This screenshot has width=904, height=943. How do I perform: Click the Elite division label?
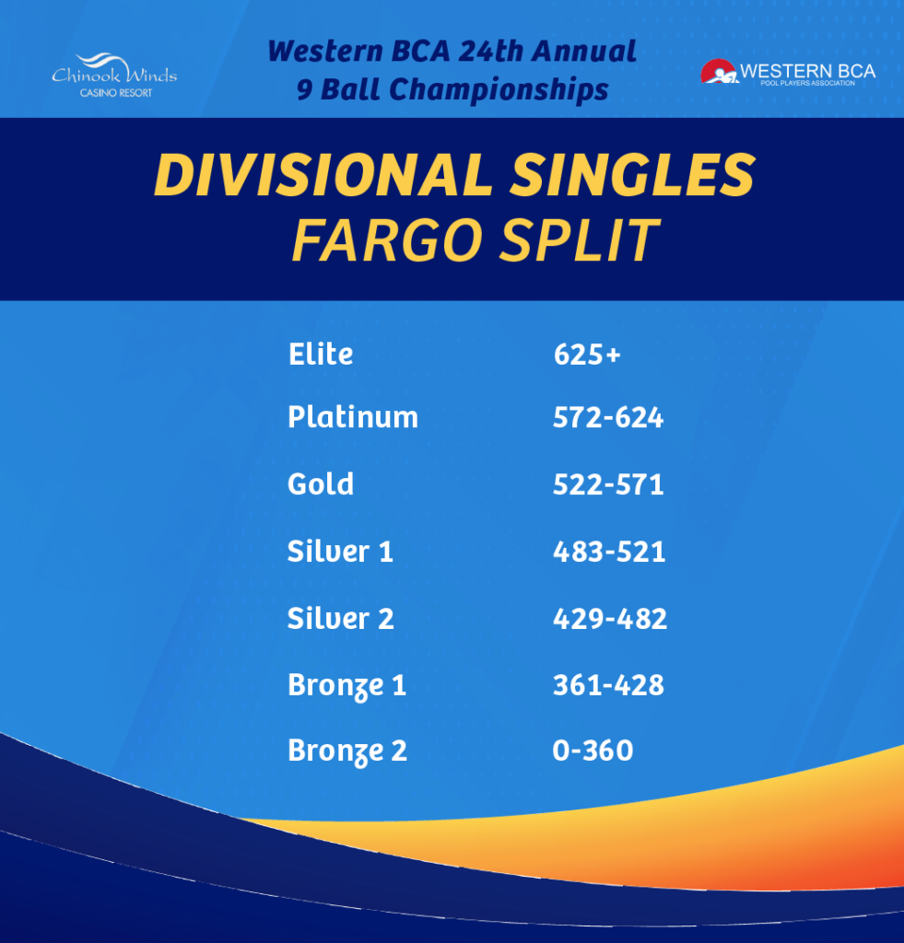point(320,354)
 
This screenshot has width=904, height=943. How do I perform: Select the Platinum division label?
point(353,417)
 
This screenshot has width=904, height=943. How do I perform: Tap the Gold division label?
point(320,483)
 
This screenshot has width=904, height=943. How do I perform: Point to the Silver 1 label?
point(340,551)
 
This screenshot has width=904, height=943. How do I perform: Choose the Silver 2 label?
point(340,618)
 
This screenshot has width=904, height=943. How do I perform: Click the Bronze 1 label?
point(346,686)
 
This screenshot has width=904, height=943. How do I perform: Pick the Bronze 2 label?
point(347,751)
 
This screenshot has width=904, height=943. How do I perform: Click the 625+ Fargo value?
point(587,355)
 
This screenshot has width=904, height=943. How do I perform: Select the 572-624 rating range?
point(608,417)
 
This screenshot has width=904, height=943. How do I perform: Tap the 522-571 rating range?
point(608,484)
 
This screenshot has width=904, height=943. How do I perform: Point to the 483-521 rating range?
point(609,552)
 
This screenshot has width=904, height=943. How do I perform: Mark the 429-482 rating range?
point(610,619)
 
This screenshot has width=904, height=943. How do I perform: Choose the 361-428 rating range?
point(608,685)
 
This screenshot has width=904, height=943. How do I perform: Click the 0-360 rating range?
point(593,751)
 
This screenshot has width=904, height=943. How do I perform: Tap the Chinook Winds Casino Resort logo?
point(114,76)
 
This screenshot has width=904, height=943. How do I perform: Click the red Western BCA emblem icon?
point(719,72)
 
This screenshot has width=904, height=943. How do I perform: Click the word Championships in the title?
point(499,90)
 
